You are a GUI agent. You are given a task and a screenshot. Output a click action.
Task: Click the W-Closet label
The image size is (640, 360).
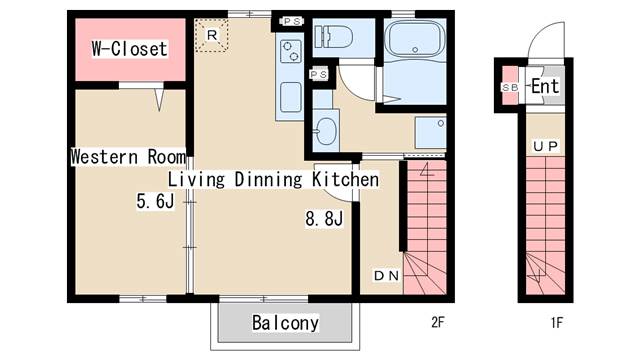click(129, 49)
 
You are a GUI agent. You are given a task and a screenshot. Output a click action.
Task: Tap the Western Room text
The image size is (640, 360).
click(128, 157)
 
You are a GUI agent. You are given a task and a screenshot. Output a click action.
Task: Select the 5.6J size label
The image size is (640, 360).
click(155, 201)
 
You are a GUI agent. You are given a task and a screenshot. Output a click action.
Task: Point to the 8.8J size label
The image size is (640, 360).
click(324, 218)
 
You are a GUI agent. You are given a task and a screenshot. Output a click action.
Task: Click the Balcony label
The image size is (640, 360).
click(285, 322)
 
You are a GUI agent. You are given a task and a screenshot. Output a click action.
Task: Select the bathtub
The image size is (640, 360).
click(415, 39)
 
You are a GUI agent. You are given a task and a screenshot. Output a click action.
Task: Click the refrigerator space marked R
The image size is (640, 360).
click(211, 35)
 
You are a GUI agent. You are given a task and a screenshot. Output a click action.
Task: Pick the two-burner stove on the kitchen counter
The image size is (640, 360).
click(291, 51)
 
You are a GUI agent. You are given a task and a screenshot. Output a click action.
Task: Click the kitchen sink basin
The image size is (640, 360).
click(291, 97)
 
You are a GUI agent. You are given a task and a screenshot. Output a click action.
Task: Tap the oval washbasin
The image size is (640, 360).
click(326, 131)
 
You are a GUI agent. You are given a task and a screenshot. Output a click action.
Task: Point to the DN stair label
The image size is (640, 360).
click(386, 276)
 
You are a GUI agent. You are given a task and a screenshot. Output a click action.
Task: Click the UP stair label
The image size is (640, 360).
click(545, 146)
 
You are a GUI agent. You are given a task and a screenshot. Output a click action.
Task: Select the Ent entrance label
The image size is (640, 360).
click(545, 86)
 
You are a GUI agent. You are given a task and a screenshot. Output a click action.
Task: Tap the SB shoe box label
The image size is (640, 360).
click(510, 87)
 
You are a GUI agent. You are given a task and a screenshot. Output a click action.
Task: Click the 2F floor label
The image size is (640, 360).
click(437, 322)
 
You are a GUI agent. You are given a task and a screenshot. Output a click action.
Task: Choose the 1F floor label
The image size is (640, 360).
click(557, 322)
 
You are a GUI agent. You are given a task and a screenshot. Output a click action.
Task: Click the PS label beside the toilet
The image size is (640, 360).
click(292, 21)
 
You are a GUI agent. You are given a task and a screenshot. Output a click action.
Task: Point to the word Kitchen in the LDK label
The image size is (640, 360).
click(345, 180)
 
